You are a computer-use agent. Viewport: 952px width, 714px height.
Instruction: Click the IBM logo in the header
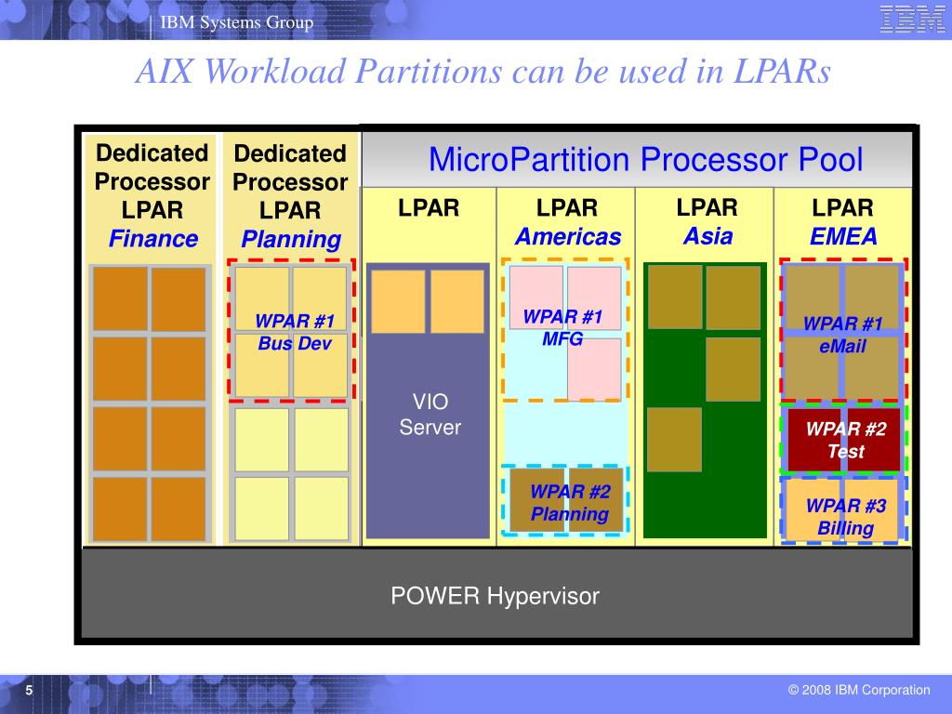[912, 19]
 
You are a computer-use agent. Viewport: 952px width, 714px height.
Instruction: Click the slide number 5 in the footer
[29, 690]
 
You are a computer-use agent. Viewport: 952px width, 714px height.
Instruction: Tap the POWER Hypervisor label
[495, 596]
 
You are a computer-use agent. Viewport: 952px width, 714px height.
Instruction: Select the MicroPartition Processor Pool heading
[645, 160]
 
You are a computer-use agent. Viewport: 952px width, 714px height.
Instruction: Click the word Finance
[153, 239]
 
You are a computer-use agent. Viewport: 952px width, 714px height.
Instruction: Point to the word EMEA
[843, 237]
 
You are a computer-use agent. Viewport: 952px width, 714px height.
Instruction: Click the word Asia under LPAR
[708, 236]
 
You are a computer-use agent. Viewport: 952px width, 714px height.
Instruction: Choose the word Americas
[567, 237]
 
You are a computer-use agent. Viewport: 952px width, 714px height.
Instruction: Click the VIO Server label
[430, 415]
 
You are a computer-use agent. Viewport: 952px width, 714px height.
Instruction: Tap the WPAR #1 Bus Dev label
[295, 333]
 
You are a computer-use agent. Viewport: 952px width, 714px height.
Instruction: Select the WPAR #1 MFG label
[562, 328]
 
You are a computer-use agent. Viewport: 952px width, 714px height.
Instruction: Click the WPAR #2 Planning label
[570, 503]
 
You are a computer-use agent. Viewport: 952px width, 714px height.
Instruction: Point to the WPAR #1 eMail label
[842, 335]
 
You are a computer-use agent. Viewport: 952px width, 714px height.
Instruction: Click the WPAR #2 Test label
[846, 441]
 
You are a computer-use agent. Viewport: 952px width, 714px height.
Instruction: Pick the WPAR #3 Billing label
[846, 518]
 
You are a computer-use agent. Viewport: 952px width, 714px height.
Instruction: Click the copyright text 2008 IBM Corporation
[859, 690]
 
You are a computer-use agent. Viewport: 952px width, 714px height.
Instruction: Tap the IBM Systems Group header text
[237, 22]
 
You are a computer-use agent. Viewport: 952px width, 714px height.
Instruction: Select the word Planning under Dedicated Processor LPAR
[291, 239]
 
